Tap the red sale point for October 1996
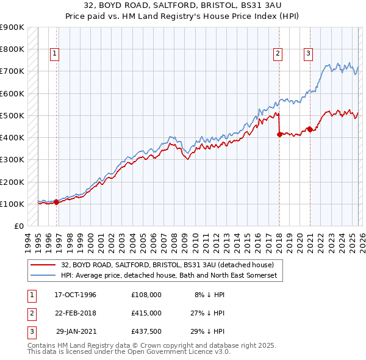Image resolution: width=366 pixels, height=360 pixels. [57, 202]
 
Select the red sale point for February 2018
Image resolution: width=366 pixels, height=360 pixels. [279, 134]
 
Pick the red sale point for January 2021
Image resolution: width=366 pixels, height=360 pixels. [310, 129]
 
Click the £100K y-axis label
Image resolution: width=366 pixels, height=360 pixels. [12, 204]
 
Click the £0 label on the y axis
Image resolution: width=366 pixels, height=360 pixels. [18, 226]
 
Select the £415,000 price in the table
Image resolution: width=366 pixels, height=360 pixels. [146, 312]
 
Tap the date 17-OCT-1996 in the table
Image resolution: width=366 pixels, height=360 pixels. [75, 294]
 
